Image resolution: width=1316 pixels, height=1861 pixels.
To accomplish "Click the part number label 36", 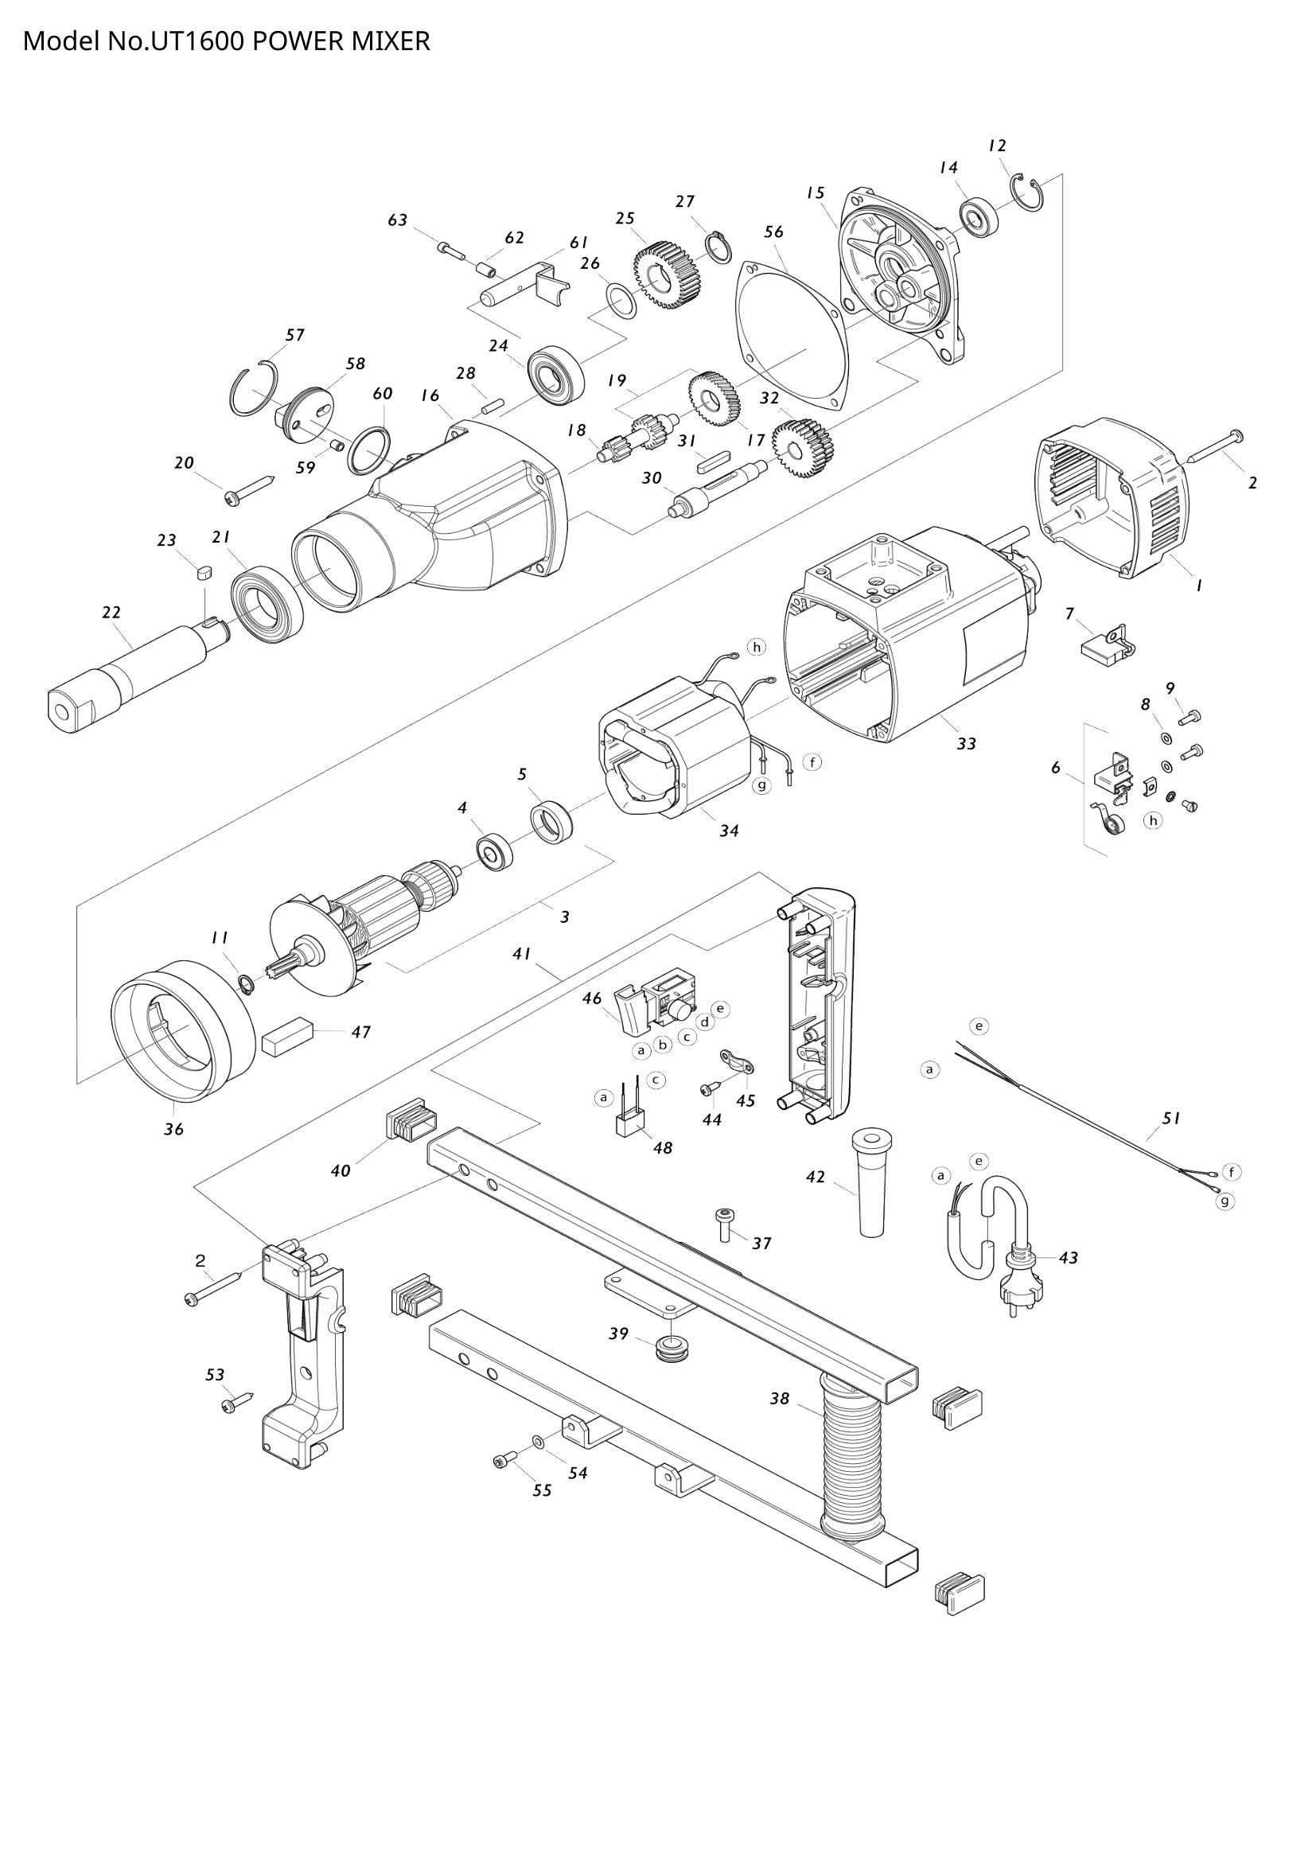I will point(174,1129).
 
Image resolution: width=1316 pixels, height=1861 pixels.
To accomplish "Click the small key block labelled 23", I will point(204,573).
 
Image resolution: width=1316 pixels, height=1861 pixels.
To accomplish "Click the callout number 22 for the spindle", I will point(111,613).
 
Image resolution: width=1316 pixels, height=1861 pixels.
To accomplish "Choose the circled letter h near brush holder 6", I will point(1152,820).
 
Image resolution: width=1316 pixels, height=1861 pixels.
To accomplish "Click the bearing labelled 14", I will point(979,216).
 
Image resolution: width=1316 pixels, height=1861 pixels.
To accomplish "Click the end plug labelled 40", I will point(411,1119).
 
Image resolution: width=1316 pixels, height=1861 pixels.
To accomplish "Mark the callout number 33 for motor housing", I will point(966,743).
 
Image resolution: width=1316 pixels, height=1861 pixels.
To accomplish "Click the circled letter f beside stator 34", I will point(812,762).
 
